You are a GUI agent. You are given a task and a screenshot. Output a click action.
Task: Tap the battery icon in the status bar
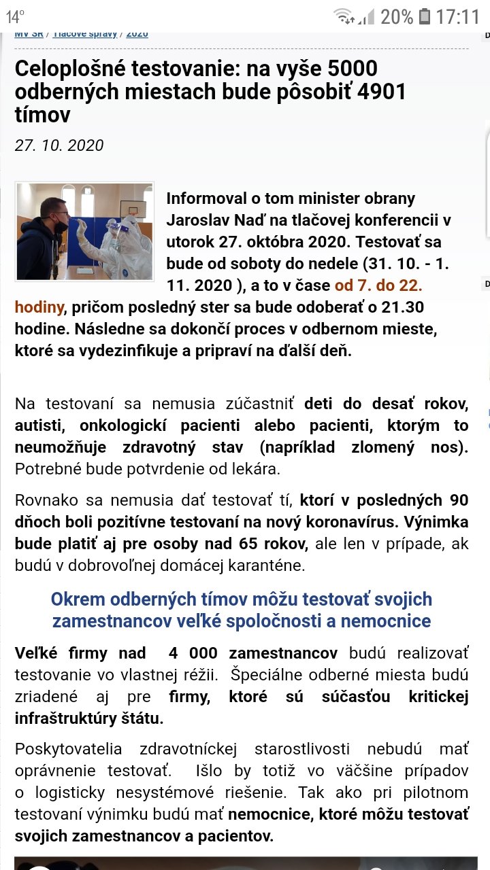pyautogui.click(x=425, y=16)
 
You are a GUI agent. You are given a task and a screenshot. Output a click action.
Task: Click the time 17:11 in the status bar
pyautogui.click(x=458, y=16)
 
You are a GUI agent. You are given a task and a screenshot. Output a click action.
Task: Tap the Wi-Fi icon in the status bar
pyautogui.click(x=344, y=16)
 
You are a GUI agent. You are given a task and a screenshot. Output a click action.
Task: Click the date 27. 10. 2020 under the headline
pyautogui.click(x=59, y=145)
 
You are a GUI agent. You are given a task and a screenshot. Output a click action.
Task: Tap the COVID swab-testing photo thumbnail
pyautogui.click(x=84, y=231)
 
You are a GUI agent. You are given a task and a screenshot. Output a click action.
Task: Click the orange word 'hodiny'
pyautogui.click(x=39, y=307)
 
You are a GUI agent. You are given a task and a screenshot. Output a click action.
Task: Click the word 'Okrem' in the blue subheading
pyautogui.click(x=78, y=599)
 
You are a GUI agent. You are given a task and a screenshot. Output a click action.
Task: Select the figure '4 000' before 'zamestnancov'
pyautogui.click(x=193, y=653)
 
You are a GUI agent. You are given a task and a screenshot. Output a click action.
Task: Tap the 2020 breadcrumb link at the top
pyautogui.click(x=137, y=33)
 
